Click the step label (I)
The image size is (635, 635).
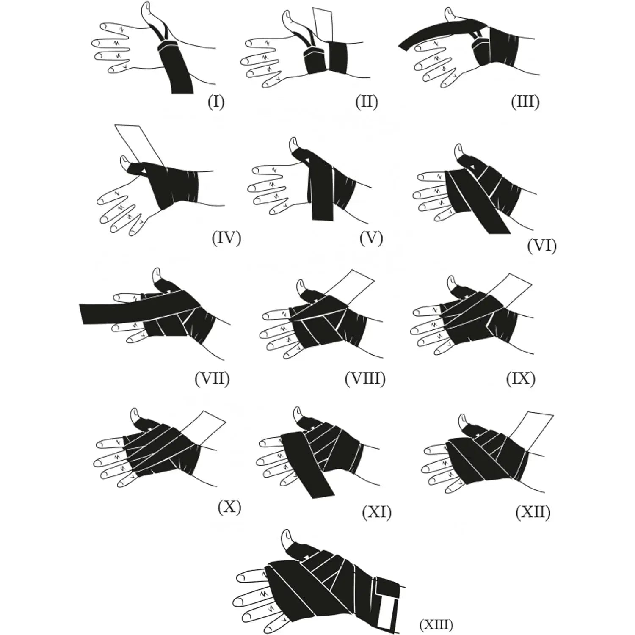[x=216, y=102]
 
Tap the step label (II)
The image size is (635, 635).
[x=367, y=102]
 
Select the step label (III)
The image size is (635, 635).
[x=525, y=102]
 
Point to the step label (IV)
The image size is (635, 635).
[x=226, y=238]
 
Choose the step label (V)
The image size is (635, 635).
[x=371, y=238]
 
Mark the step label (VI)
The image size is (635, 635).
[x=541, y=246]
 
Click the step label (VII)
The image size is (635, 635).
[x=212, y=378]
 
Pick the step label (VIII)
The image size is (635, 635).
[x=365, y=378]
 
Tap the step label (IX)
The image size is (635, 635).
[x=521, y=378]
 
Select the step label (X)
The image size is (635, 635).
[x=229, y=506]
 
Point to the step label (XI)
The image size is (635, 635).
[x=376, y=512]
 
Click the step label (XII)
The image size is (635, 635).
[x=533, y=512]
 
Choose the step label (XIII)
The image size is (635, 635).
[x=436, y=624]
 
